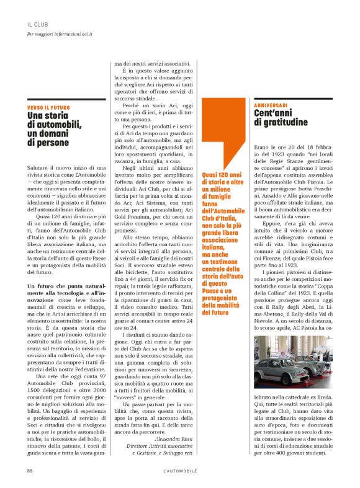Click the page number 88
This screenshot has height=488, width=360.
29,471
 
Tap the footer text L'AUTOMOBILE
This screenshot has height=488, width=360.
179,471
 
